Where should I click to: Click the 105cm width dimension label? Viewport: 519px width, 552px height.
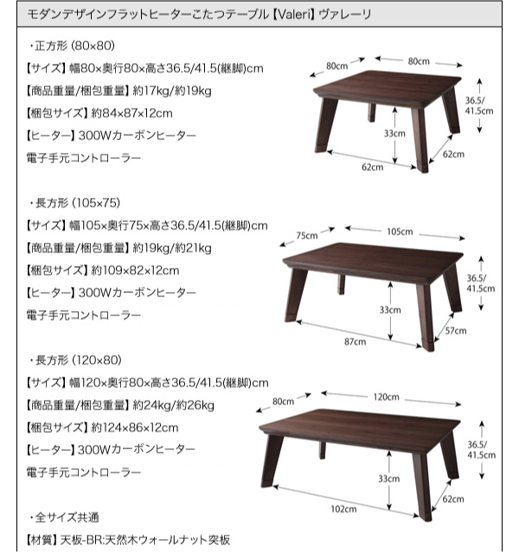[x=400, y=232]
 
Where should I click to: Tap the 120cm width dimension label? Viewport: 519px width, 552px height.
[x=386, y=397]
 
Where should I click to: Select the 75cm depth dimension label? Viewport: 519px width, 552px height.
[x=307, y=236]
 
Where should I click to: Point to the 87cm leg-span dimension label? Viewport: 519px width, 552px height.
[x=355, y=341]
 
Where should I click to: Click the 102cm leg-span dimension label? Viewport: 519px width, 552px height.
[x=343, y=509]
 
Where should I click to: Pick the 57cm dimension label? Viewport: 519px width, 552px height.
[x=456, y=331]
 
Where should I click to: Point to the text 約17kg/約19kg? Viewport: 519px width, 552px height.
[x=172, y=91]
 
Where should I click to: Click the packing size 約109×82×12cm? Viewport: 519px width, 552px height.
[x=135, y=270]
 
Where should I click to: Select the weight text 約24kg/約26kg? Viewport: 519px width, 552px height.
[x=174, y=405]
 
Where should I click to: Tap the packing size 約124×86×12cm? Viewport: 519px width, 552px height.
[x=135, y=428]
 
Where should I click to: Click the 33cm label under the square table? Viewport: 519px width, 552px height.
[x=394, y=133]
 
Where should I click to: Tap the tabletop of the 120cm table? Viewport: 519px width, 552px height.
[x=360, y=428]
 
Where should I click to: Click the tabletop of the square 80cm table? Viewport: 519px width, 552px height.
[x=388, y=87]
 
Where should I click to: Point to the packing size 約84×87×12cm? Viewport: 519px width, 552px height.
[x=131, y=113]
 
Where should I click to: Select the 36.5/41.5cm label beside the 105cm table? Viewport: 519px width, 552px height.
[x=481, y=283]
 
